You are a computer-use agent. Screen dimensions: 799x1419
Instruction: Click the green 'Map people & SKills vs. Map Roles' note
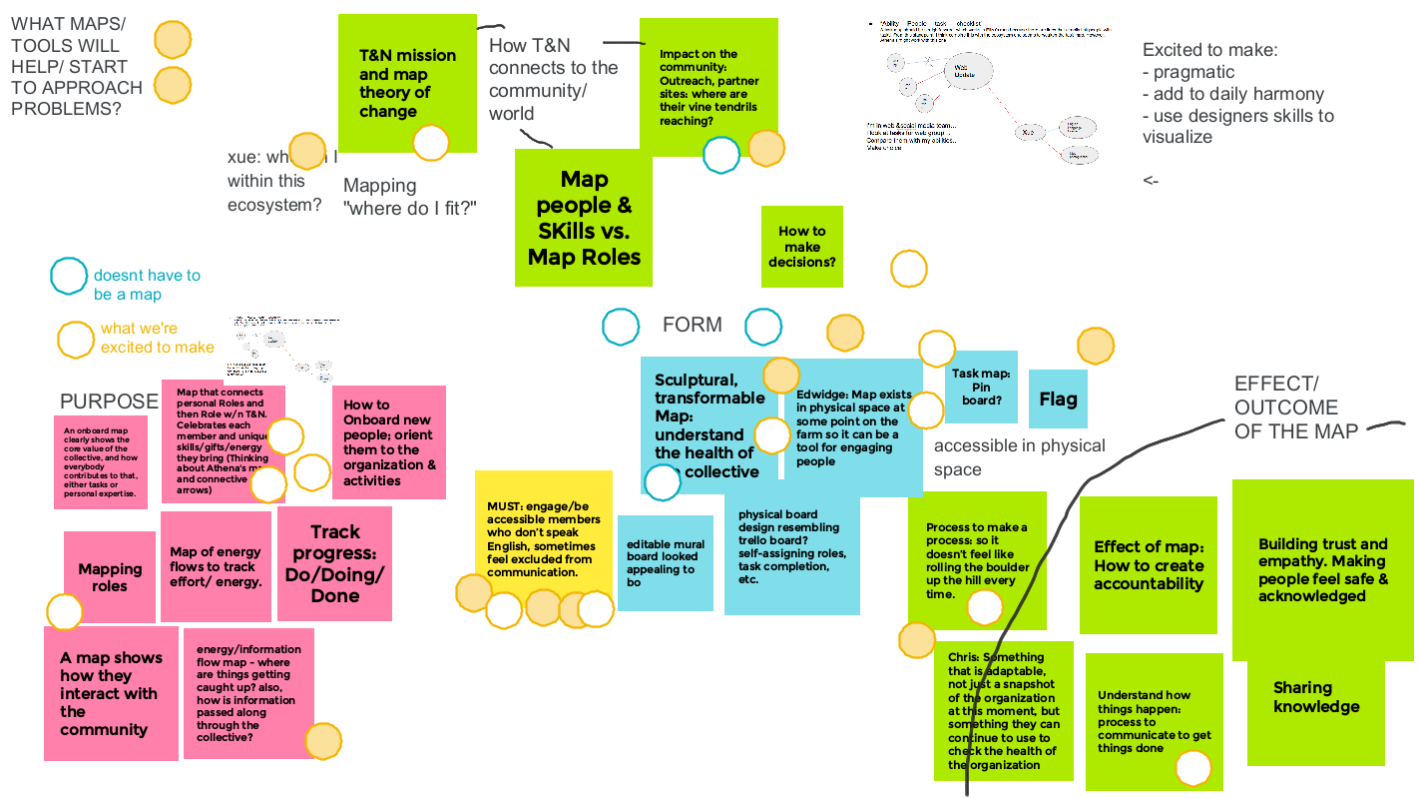tap(584, 218)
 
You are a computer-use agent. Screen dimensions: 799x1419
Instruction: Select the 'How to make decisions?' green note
tap(801, 247)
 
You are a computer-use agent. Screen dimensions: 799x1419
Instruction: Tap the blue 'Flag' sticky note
tap(1058, 399)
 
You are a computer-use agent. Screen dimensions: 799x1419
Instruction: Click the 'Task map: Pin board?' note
tap(981, 388)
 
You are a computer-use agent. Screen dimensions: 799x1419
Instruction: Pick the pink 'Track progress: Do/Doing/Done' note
tap(334, 563)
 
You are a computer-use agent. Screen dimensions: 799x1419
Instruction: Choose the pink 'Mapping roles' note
tap(110, 577)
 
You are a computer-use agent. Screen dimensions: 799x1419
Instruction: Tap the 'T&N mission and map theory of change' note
tap(407, 82)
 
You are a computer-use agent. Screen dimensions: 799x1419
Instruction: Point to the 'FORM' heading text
tap(692, 325)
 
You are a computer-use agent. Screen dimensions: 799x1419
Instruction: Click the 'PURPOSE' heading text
tap(109, 401)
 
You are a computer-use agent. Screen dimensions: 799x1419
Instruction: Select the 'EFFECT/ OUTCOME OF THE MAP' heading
tap(1295, 407)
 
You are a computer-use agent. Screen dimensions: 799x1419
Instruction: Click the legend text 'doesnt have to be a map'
tap(147, 285)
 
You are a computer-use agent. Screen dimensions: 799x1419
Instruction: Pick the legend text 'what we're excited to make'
tap(157, 338)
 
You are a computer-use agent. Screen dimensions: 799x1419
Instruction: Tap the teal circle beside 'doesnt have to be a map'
tap(69, 277)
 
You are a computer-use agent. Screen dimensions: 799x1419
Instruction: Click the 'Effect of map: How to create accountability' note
tap(1148, 565)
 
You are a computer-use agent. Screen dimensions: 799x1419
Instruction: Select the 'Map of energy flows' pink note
tap(216, 566)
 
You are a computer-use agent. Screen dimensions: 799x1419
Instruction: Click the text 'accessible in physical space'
tap(1019, 457)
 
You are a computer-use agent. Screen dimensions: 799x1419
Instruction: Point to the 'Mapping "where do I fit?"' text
tap(409, 197)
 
